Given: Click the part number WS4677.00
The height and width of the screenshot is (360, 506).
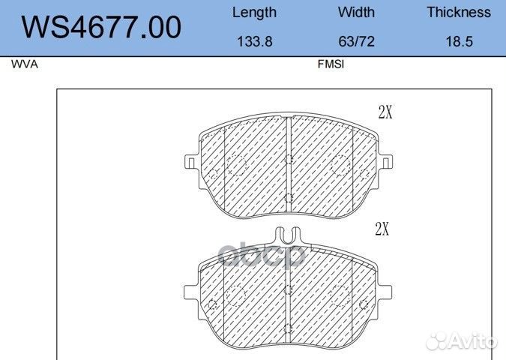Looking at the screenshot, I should pyautogui.click(x=101, y=28).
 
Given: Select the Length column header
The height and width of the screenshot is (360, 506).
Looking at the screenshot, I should pyautogui.click(x=254, y=13).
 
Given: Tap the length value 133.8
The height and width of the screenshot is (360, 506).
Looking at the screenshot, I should pyautogui.click(x=254, y=42).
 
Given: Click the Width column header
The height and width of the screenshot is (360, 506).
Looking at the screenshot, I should pyautogui.click(x=356, y=13).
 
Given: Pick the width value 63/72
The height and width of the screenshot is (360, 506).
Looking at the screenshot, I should pyautogui.click(x=356, y=42).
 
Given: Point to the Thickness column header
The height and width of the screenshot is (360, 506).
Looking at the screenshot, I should pyautogui.click(x=459, y=13).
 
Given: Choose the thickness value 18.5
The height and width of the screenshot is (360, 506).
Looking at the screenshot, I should pyautogui.click(x=459, y=42).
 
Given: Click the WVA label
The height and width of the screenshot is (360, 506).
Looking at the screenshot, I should pyautogui.click(x=24, y=64).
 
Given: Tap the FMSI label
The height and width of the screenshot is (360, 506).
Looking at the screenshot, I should pyautogui.click(x=331, y=64).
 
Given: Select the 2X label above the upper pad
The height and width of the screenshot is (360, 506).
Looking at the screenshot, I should pyautogui.click(x=385, y=113).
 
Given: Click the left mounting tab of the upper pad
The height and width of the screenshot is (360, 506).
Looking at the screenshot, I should pyautogui.click(x=190, y=161).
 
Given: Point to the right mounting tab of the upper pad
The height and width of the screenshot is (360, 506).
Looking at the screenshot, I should pyautogui.click(x=388, y=161).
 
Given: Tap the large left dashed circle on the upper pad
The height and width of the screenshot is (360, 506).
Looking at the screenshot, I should pyautogui.click(x=236, y=165).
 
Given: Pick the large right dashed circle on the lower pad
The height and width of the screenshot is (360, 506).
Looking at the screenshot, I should pyautogui.click(x=341, y=296).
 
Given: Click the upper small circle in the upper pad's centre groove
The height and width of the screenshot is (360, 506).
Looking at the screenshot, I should pyautogui.click(x=289, y=158).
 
